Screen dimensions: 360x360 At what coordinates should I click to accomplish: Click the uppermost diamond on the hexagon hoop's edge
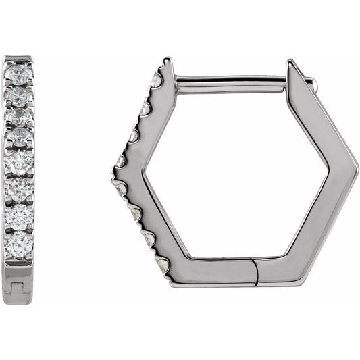[x=157, y=80]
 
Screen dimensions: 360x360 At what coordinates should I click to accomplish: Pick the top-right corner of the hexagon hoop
[x=292, y=64]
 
